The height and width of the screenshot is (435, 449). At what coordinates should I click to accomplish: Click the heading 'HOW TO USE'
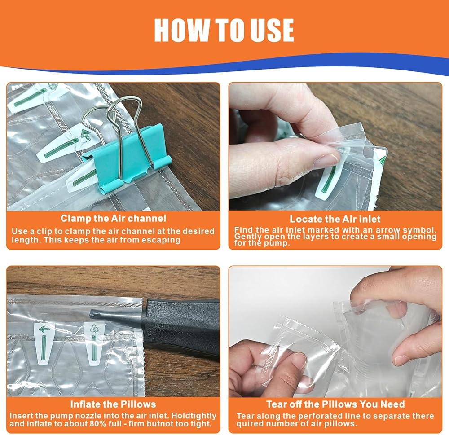(x=224, y=30)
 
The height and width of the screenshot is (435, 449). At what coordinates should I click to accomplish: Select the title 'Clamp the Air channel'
(x=114, y=219)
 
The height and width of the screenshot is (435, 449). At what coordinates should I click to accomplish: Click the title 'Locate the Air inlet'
(x=335, y=220)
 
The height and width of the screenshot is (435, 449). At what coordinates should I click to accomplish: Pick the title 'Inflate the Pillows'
(x=113, y=404)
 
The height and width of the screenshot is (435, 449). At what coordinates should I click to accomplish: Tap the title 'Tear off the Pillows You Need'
(x=335, y=404)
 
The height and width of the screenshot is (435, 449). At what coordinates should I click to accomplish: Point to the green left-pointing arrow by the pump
(x=44, y=330)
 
